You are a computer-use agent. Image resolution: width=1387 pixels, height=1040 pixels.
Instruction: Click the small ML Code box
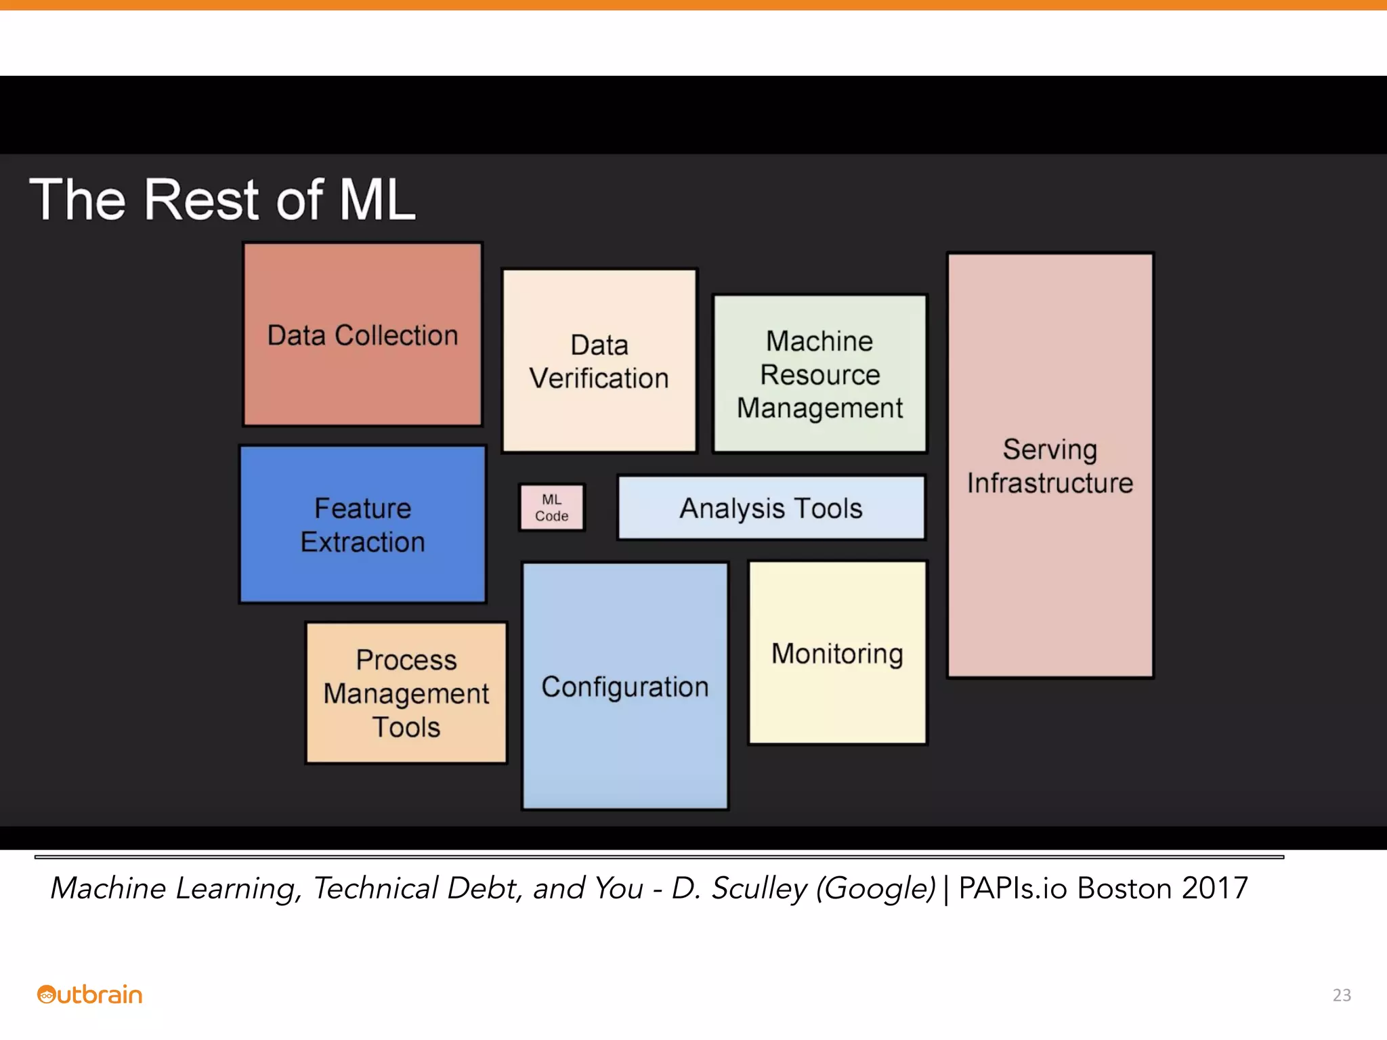(551, 507)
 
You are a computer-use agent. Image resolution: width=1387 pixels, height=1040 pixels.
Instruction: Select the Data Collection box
(362, 334)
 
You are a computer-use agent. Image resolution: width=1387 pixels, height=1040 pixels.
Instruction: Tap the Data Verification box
(599, 361)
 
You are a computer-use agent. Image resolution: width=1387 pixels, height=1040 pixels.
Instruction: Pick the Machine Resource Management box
(819, 374)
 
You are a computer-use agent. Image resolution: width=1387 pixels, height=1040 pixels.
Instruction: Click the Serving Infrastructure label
(1050, 466)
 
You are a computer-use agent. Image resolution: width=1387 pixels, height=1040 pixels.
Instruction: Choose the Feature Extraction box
(362, 525)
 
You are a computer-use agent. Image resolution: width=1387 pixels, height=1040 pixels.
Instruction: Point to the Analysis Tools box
(771, 508)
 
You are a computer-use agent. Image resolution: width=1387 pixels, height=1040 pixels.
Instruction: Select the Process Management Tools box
(406, 693)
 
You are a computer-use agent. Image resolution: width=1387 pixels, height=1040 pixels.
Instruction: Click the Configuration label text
(624, 687)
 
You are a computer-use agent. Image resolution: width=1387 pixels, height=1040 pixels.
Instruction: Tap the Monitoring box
(837, 653)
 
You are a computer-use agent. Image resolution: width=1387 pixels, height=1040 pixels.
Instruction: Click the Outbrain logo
(89, 994)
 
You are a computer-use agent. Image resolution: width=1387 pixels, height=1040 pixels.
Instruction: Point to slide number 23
(1342, 995)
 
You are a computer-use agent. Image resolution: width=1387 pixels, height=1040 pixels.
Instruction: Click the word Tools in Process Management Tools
(406, 727)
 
